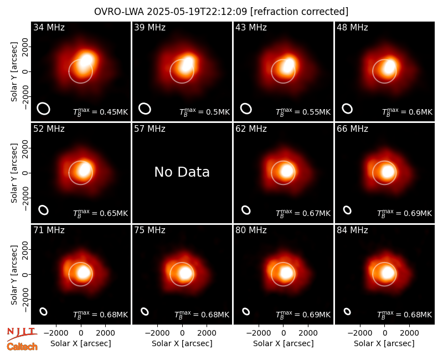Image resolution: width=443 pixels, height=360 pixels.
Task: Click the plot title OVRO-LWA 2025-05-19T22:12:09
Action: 171,12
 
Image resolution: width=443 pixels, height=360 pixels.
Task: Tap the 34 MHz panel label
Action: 49,27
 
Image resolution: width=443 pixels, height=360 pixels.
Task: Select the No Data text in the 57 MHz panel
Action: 182,172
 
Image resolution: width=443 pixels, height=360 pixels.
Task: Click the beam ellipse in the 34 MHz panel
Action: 44,109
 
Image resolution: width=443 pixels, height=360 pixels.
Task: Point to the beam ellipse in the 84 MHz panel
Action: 347,311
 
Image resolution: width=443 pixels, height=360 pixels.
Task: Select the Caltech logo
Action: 22,347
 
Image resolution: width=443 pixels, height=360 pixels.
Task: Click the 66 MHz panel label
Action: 352,129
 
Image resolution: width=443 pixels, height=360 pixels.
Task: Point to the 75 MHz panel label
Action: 150,230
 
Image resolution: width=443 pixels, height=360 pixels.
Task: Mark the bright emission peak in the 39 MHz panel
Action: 187,63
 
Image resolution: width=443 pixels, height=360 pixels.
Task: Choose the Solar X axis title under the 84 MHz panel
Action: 384,343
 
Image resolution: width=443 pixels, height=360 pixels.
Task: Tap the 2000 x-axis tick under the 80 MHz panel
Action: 308,333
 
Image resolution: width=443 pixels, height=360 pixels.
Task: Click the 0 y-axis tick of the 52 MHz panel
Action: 26,173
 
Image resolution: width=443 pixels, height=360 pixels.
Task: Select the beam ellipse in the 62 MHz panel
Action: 246,210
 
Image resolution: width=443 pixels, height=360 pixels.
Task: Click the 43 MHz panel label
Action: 251,27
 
